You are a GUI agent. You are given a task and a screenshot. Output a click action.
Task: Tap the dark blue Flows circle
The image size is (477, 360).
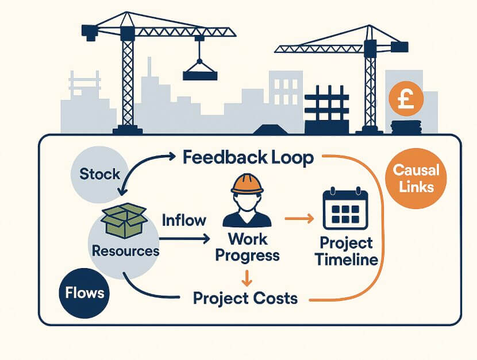click(84, 292)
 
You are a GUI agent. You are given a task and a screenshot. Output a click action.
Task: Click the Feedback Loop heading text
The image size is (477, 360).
click(248, 157)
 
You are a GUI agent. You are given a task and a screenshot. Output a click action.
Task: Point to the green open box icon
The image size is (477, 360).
click(123, 221)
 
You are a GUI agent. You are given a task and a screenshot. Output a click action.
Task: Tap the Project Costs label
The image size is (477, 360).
click(245, 298)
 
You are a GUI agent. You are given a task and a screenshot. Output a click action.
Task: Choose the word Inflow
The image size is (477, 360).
click(184, 220)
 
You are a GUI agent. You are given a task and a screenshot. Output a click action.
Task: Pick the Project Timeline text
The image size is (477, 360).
click(346, 251)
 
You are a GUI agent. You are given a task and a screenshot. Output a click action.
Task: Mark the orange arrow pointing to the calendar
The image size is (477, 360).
click(300, 219)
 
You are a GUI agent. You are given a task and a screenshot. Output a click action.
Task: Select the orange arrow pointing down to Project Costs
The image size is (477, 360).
click(247, 278)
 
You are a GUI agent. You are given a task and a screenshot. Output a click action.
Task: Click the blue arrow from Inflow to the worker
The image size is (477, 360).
click(186, 237)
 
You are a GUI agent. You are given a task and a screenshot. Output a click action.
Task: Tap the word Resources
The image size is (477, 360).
click(126, 251)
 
